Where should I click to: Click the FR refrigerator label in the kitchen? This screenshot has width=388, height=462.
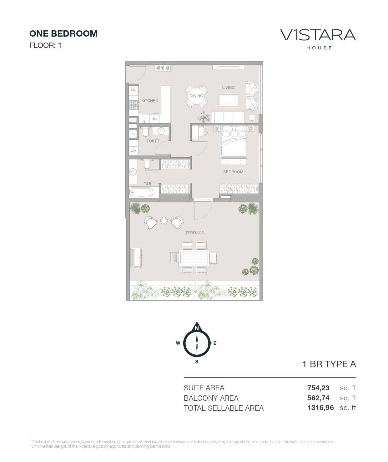pos(134,90)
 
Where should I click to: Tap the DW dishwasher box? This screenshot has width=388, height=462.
pos(154,119)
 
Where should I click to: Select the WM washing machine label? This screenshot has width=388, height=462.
pos(134,151)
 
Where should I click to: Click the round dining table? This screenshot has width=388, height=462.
pos(196,96)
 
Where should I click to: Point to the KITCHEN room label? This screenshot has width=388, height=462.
pos(150,101)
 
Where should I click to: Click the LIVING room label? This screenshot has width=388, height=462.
pos(228,88)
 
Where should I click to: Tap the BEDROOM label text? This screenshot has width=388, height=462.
pos(233,172)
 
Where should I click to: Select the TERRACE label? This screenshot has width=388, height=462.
pos(194,233)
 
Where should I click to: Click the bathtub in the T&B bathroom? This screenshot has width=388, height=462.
pos(141,192)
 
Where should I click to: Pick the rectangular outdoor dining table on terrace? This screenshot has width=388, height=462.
pos(194,258)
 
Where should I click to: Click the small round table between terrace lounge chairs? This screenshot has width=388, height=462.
pos(164,221)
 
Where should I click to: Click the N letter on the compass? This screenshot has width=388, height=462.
pos(197,328)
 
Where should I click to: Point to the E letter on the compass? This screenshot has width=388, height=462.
pos(215,343)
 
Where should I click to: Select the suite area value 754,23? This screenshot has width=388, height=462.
pos(318,388)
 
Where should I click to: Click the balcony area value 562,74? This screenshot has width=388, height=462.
pos(318,398)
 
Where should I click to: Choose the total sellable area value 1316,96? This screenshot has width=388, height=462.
pos(320,408)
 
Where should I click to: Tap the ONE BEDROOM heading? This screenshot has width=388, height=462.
pos(63,34)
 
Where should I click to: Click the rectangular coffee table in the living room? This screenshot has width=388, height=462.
pos(228,100)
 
